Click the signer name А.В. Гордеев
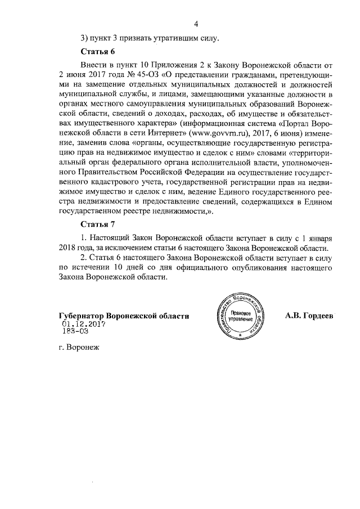pos(309,316)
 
